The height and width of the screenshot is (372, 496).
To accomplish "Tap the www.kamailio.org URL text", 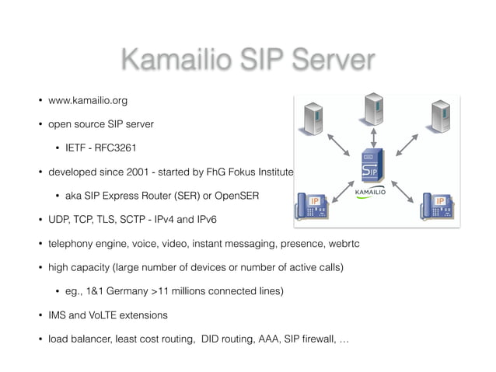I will tap(87, 100).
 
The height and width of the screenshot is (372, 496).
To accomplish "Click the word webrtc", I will tap(342, 244).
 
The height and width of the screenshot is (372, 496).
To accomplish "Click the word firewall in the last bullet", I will tap(311, 339).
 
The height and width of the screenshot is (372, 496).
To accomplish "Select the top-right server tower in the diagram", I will tap(441, 117).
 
